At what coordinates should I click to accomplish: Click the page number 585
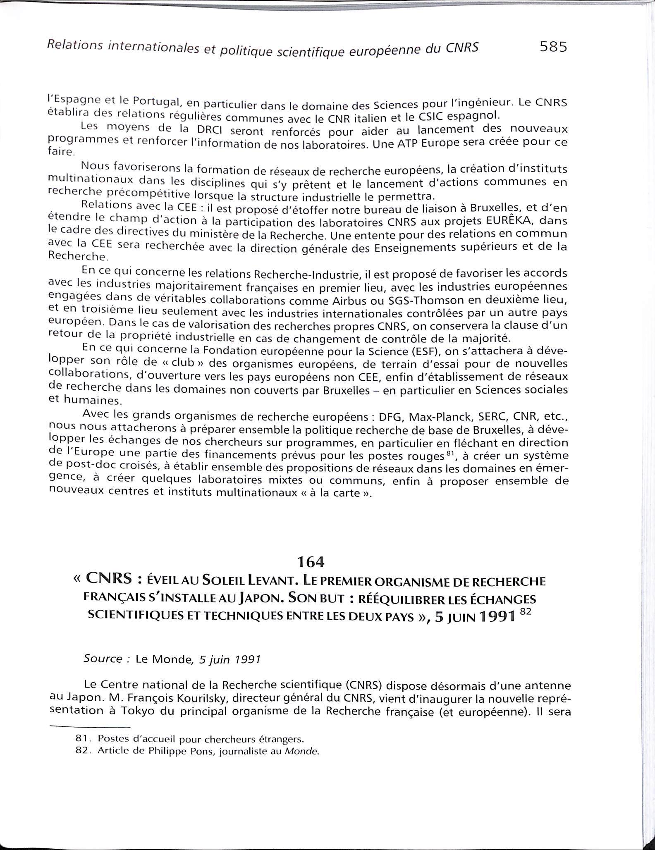pyautogui.click(x=553, y=47)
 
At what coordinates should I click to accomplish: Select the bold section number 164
pyautogui.click(x=311, y=562)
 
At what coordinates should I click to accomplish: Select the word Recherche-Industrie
pyautogui.click(x=296, y=274)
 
